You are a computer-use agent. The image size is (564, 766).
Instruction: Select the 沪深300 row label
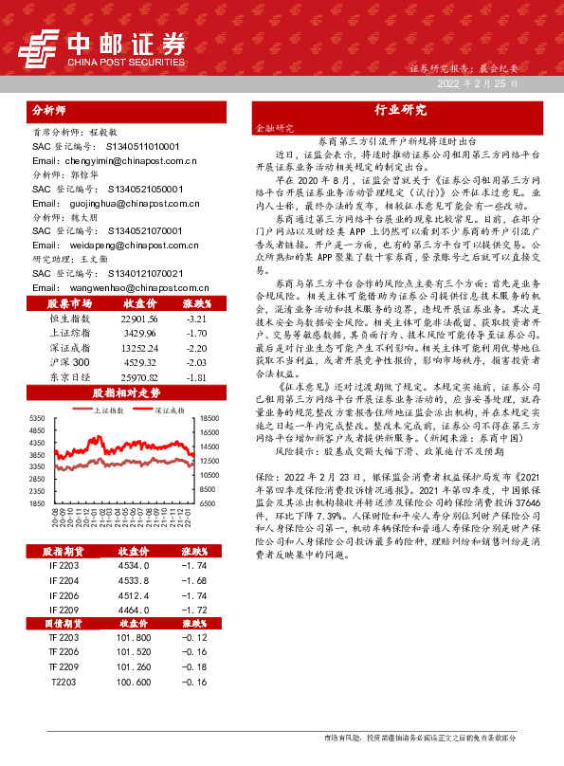click(x=68, y=362)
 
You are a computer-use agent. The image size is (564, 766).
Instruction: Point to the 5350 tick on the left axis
click(x=36, y=418)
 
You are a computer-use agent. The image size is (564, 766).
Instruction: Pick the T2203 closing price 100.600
click(x=133, y=682)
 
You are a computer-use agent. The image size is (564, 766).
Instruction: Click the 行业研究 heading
click(x=400, y=110)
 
